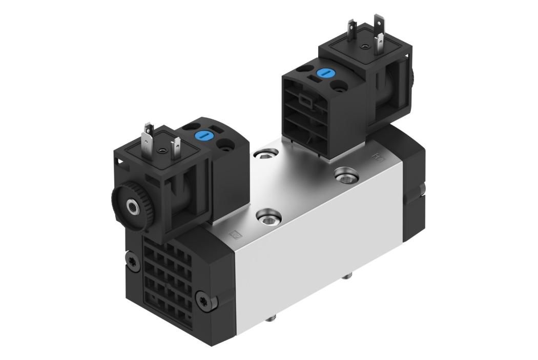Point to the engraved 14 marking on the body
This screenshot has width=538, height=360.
[x=378, y=154]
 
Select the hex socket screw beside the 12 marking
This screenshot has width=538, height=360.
[x=267, y=219]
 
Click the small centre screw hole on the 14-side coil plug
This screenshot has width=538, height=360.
[x=363, y=47]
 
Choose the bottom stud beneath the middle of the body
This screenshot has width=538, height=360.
[x=348, y=277]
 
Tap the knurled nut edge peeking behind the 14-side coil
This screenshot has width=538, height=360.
[x=414, y=77]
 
